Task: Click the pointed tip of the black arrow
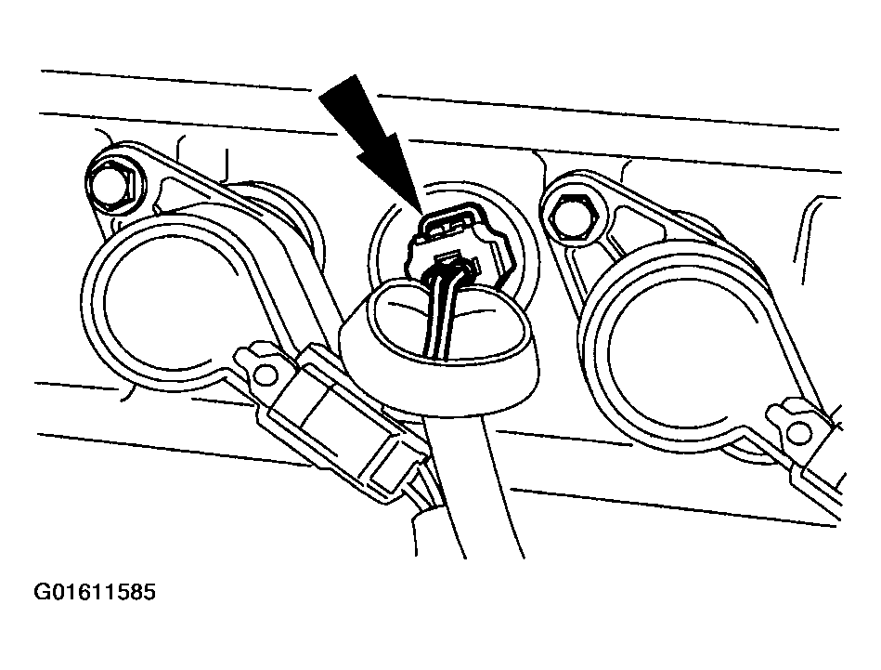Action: coord(420,210)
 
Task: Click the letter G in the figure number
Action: coord(44,592)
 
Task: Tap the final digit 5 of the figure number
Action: coord(149,592)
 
